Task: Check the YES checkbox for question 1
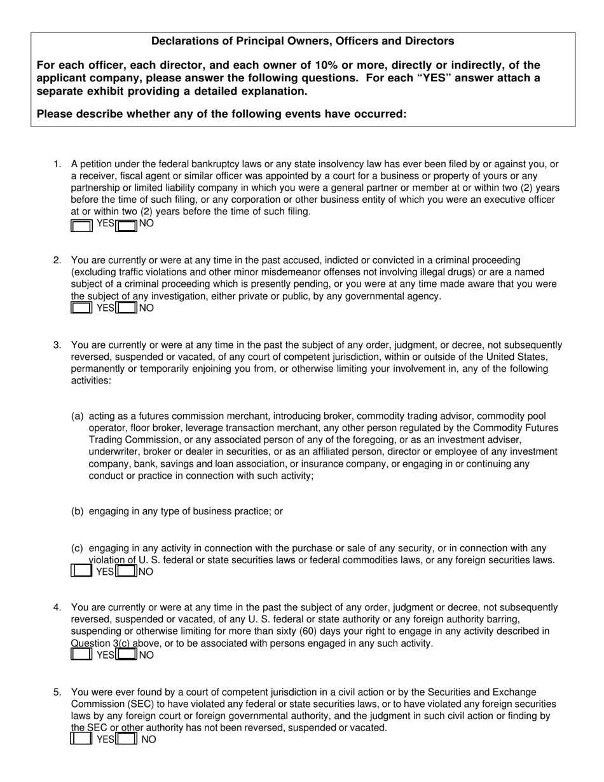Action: [x=81, y=225]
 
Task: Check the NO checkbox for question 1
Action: [x=127, y=225]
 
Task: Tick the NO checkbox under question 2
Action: [x=127, y=308]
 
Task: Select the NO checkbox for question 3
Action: [x=127, y=571]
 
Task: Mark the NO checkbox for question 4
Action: [x=127, y=655]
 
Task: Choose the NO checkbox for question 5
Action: [x=127, y=739]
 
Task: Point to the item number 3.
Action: [x=57, y=345]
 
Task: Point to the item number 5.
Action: [x=57, y=692]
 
